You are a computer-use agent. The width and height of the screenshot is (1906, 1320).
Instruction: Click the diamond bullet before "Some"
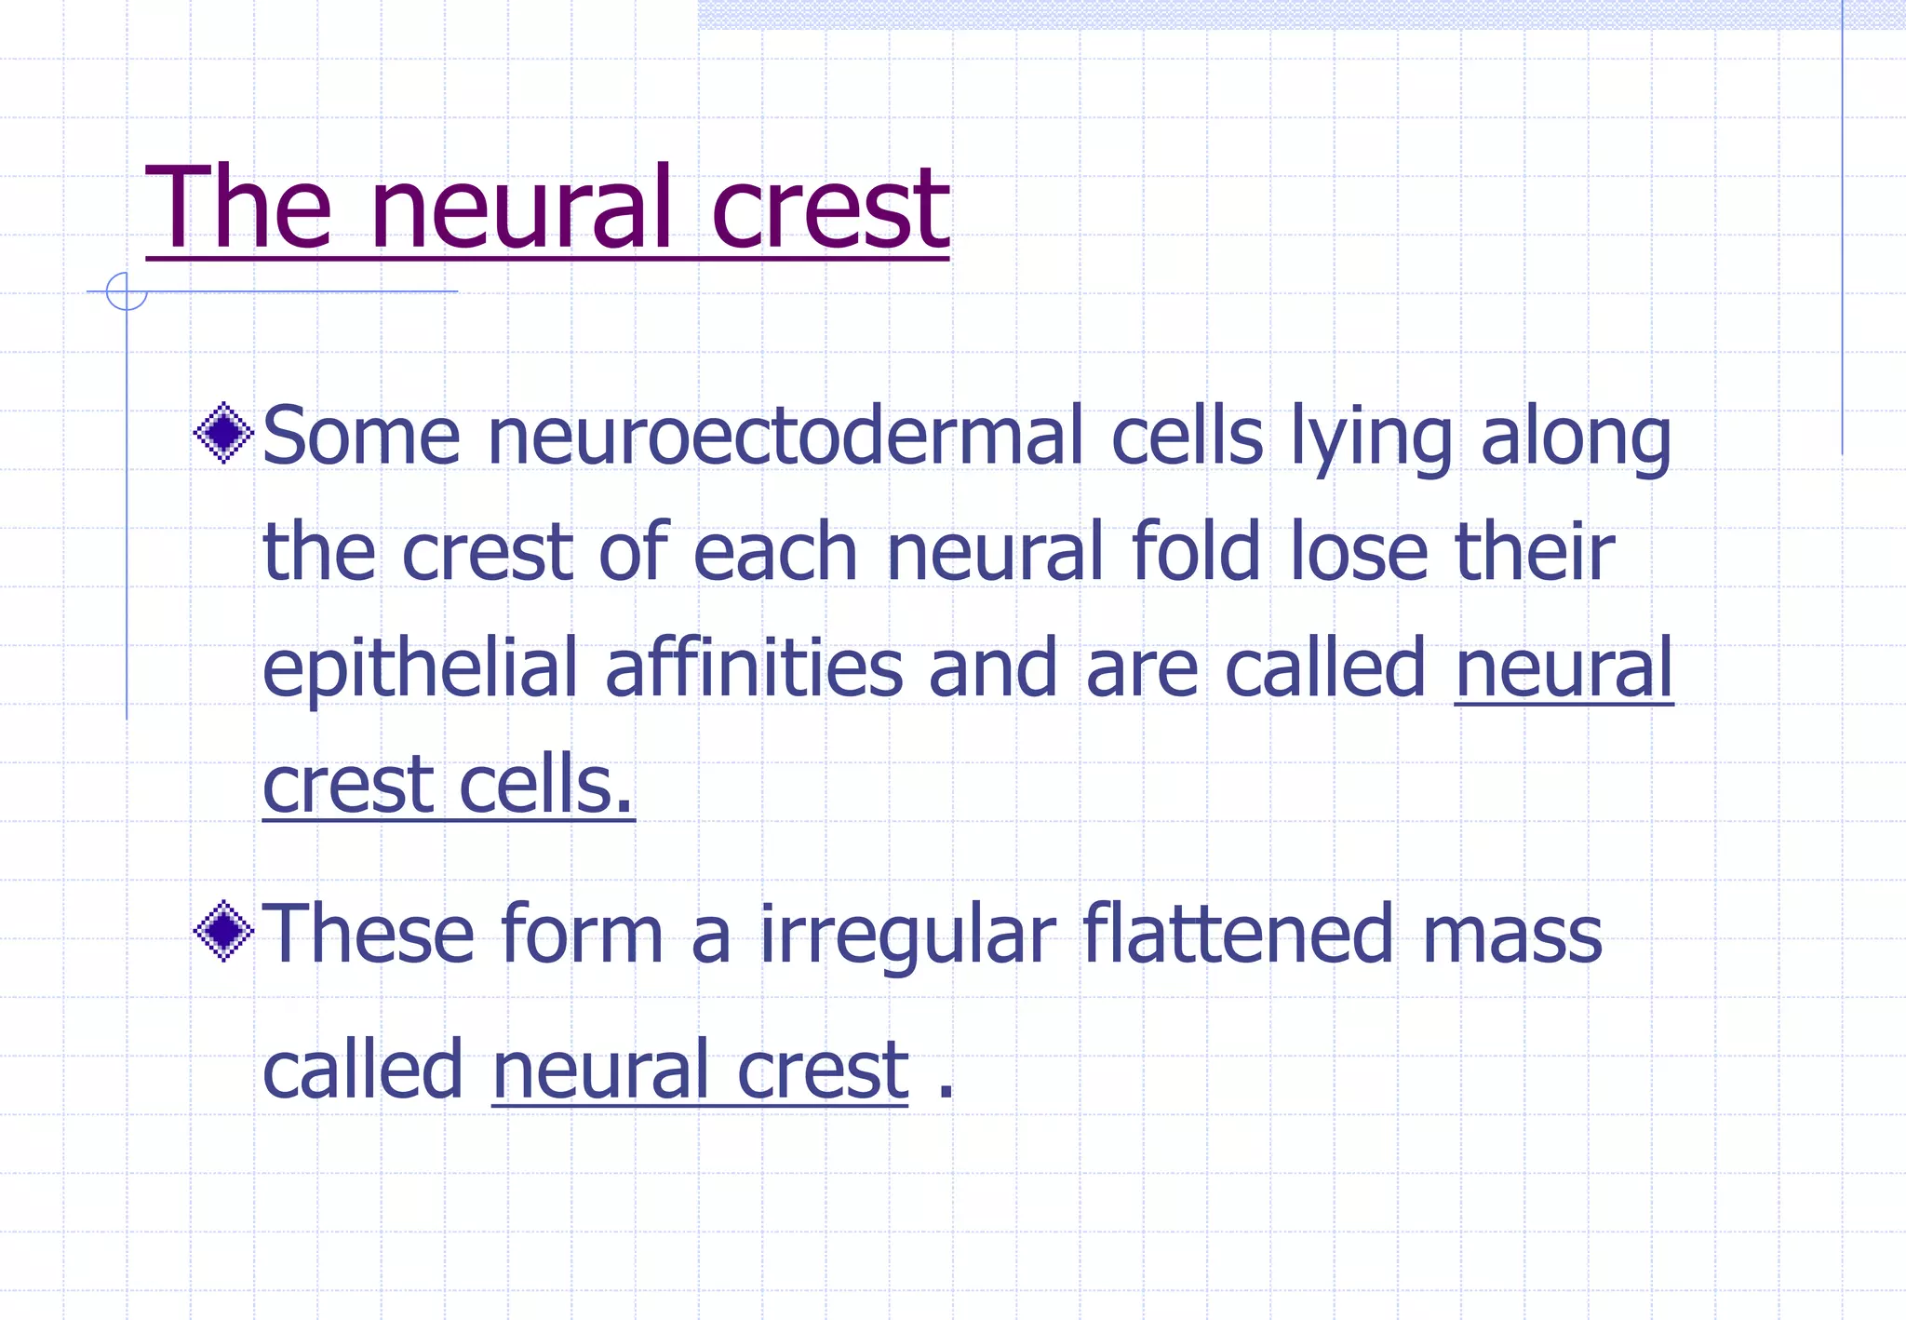tap(224, 433)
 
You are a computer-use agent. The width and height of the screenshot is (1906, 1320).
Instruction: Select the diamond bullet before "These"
tap(224, 931)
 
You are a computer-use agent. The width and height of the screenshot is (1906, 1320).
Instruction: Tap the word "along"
tap(1577, 438)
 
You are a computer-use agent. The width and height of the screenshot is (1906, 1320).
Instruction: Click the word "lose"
tap(1359, 551)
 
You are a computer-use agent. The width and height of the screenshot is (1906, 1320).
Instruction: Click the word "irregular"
tap(908, 935)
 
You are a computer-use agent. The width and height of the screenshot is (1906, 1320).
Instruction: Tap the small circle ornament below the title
tap(127, 291)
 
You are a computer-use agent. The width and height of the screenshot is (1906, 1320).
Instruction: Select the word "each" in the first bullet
tap(774, 551)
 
